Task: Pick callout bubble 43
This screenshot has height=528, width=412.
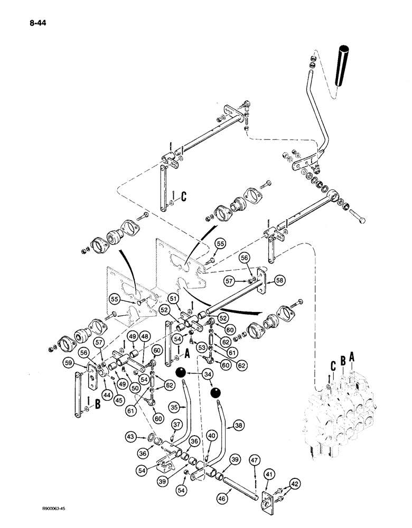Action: [x=130, y=436]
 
